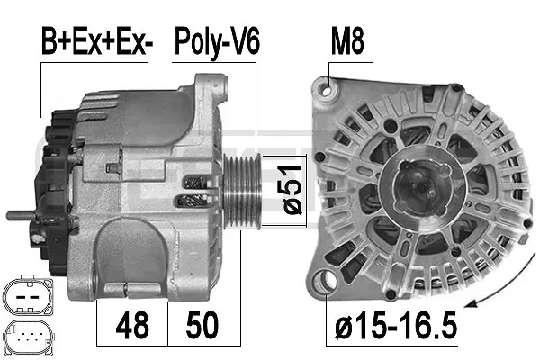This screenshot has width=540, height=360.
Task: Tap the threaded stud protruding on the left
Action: click(x=21, y=216)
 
